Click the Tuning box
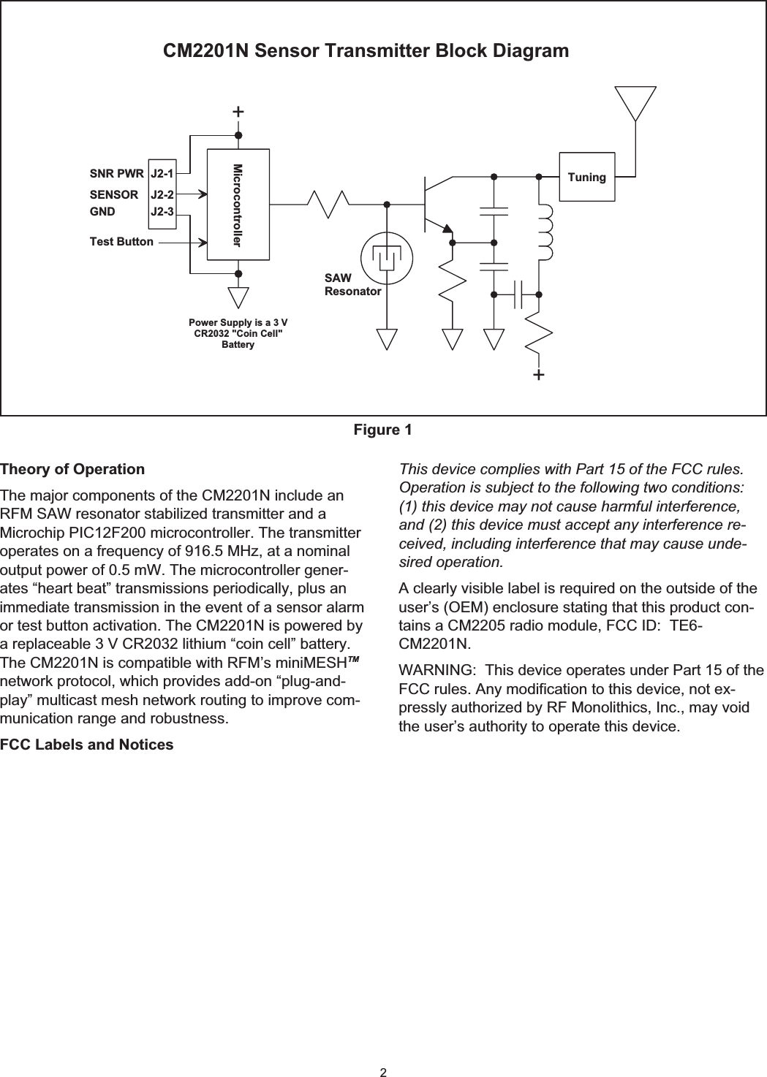click(x=587, y=177)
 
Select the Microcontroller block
click(x=238, y=204)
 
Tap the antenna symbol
click(x=635, y=103)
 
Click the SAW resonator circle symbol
click(x=387, y=256)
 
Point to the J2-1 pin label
click(x=162, y=174)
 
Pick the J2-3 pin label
click(x=162, y=212)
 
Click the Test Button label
click(x=121, y=241)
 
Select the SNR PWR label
click(x=116, y=174)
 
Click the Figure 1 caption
click(x=382, y=430)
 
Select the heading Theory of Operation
click(x=72, y=469)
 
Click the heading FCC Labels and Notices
click(x=87, y=745)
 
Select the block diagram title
click(x=366, y=52)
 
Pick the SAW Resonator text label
click(x=352, y=285)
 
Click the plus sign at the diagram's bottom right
click(x=539, y=375)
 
